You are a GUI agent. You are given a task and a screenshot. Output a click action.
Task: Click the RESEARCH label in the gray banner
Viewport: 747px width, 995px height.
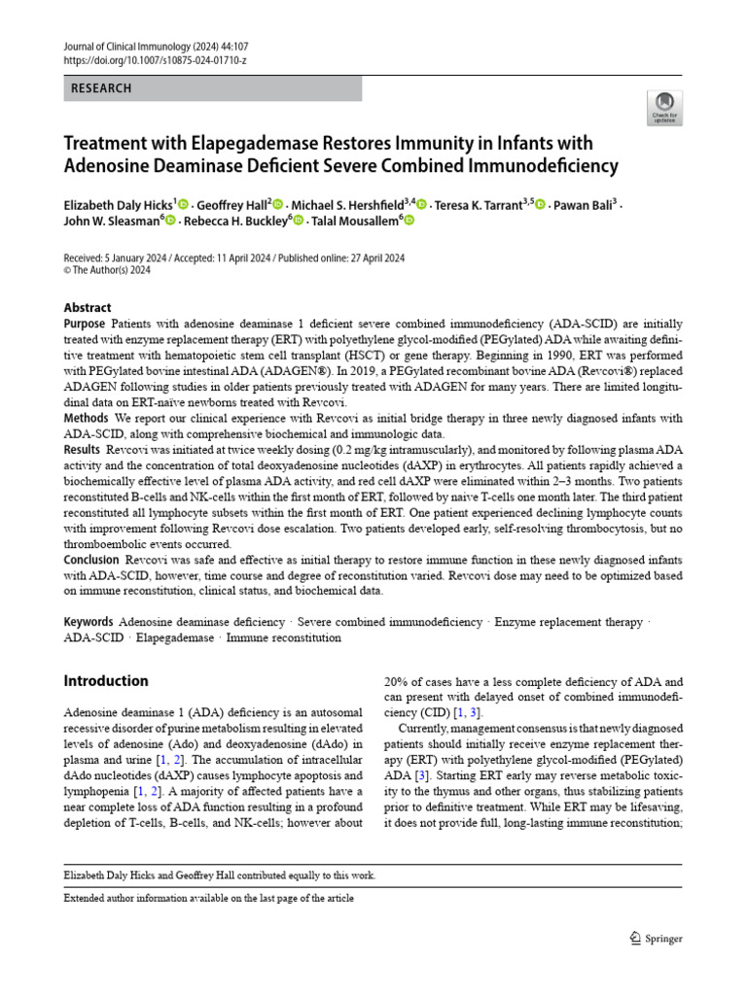[x=101, y=88]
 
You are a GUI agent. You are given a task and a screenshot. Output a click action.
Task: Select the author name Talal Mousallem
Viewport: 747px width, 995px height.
[x=358, y=222]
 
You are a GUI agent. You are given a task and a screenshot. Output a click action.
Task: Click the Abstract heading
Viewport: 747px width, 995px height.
[x=88, y=308]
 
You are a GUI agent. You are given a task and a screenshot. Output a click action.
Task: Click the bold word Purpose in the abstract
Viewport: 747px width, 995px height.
[x=85, y=324]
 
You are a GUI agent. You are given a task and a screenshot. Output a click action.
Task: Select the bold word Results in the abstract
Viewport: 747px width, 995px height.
[x=82, y=450]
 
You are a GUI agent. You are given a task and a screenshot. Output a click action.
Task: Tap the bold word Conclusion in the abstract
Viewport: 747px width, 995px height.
[x=91, y=561]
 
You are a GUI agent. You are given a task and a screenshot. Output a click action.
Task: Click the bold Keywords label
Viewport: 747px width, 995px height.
[x=89, y=622]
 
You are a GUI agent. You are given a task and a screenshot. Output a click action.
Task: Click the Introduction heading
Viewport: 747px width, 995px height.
[x=106, y=681]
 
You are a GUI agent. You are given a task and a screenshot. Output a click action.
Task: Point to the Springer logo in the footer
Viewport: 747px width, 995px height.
[x=657, y=939]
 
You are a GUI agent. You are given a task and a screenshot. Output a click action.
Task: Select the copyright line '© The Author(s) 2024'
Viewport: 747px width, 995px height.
[x=107, y=271]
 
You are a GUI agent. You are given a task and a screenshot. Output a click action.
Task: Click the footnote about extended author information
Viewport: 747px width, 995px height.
[x=208, y=899]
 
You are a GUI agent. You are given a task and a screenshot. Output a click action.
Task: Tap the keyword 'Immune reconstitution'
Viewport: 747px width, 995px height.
[x=284, y=638]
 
